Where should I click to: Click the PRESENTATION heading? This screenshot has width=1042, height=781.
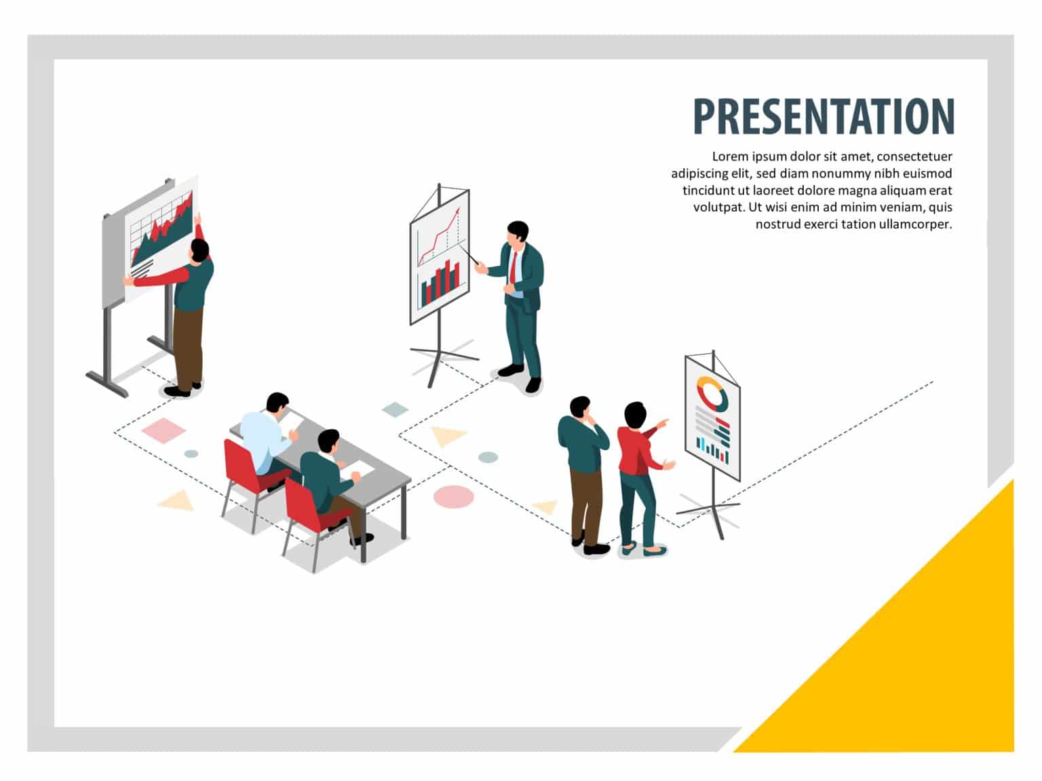pyautogui.click(x=824, y=116)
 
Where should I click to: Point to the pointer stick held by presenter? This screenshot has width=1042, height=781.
pyautogui.click(x=469, y=256)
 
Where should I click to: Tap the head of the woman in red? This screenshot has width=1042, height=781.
pyautogui.click(x=635, y=414)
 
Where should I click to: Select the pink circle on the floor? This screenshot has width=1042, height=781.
pyautogui.click(x=453, y=496)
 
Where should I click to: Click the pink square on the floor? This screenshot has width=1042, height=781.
pyautogui.click(x=163, y=430)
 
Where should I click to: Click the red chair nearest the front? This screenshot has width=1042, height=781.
pyautogui.click(x=307, y=508)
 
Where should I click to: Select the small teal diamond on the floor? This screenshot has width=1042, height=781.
pyautogui.click(x=395, y=409)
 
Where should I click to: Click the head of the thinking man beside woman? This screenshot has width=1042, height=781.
pyautogui.click(x=580, y=407)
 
